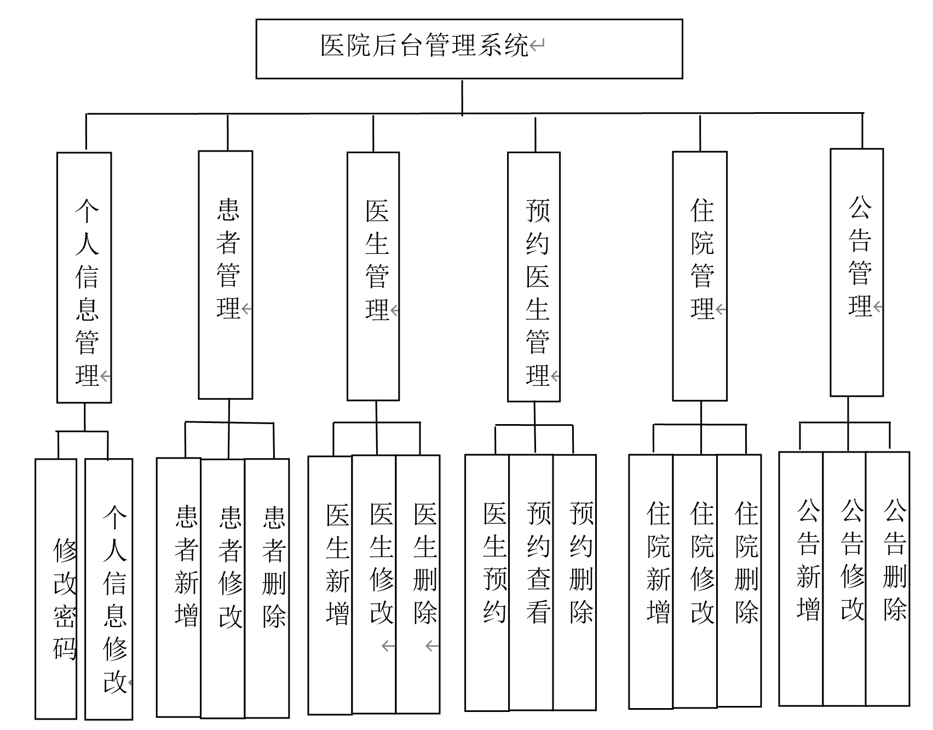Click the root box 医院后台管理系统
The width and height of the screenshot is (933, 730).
click(469, 49)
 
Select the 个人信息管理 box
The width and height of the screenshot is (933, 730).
click(84, 277)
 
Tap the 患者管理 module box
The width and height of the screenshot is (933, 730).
click(226, 275)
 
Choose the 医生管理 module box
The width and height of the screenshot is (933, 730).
click(373, 276)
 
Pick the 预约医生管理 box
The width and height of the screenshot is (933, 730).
click(534, 277)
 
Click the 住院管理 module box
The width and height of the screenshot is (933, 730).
click(700, 276)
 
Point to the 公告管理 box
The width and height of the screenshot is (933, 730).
click(857, 273)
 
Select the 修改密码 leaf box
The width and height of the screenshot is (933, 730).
click(56, 588)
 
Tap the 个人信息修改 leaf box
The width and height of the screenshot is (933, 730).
click(109, 588)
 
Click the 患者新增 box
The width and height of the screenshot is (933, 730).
click(179, 587)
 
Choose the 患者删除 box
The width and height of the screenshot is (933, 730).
click(267, 587)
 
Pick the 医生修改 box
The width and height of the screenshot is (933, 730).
click(374, 584)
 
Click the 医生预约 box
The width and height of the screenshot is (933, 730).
click(487, 582)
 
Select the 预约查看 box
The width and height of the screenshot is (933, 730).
click(531, 582)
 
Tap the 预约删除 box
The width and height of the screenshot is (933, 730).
click(574, 582)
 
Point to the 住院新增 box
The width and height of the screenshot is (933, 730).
click(651, 581)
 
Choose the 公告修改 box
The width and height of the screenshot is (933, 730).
click(844, 578)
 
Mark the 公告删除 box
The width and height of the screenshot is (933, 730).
click(888, 578)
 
